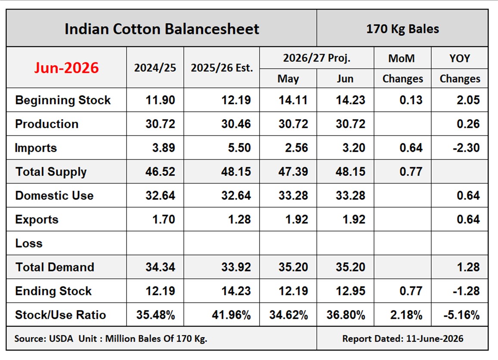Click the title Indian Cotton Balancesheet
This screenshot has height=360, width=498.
pos(162,29)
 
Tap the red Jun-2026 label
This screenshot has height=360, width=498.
pos(66,68)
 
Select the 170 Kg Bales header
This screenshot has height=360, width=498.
pos(402,29)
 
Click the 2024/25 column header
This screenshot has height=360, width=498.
pos(155,68)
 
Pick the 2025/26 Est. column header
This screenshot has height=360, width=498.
pos(222,68)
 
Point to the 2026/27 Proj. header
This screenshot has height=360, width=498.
pos(317,58)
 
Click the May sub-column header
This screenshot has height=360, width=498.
pos(288,79)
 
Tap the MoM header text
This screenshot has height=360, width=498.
pos(402,58)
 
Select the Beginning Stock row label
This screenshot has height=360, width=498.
pos(63,100)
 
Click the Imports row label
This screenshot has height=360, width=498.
pos(36,148)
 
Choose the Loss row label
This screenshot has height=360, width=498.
pos(29,243)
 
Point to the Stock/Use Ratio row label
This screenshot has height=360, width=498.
pos(60,315)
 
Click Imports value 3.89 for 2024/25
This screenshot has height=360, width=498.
pos(164,148)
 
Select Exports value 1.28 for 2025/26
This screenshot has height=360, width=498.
pos(239,219)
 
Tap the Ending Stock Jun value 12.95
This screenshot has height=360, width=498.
pos(351,291)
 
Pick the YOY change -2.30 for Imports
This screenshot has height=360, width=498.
pos(466,148)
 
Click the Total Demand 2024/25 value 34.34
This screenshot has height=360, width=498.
pos(161,267)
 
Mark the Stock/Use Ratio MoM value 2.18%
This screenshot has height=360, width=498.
pos(406,315)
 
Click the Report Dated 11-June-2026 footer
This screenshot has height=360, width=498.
pos(403,339)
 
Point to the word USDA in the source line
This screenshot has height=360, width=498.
pos(61,339)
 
